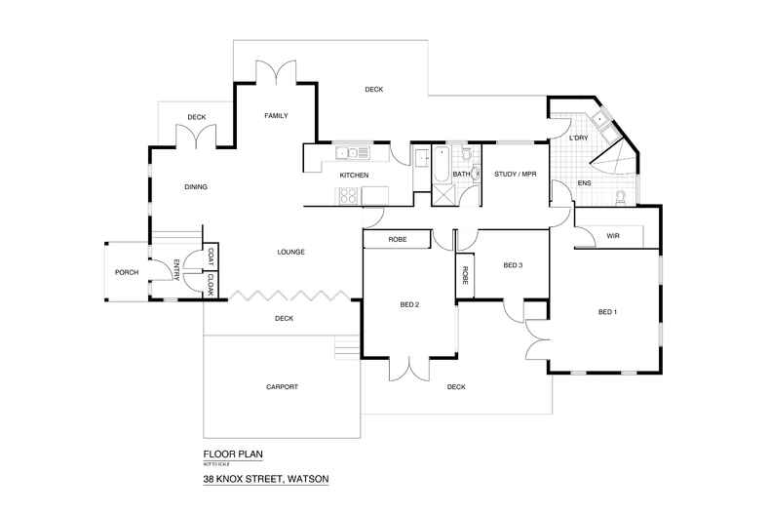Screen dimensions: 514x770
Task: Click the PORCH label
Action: coord(125,272)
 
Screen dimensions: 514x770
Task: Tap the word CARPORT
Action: coord(282,387)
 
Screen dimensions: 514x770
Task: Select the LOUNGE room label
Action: coord(290,252)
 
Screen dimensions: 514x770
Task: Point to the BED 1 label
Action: coord(607,312)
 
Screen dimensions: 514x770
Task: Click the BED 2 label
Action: coord(409,305)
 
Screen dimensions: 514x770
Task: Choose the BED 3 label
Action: coord(514,265)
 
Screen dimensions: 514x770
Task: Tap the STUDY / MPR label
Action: coord(517,175)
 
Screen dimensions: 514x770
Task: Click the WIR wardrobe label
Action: coord(613,236)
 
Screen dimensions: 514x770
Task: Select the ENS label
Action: coord(585,182)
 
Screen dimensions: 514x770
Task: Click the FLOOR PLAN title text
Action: coord(233,454)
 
